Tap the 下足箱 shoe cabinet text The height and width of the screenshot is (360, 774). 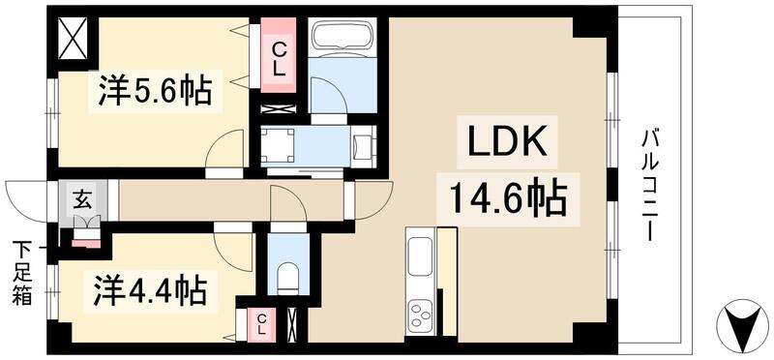point(21,273)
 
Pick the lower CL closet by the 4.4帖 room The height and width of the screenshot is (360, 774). point(263,323)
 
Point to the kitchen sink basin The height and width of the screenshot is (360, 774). point(422,257)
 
